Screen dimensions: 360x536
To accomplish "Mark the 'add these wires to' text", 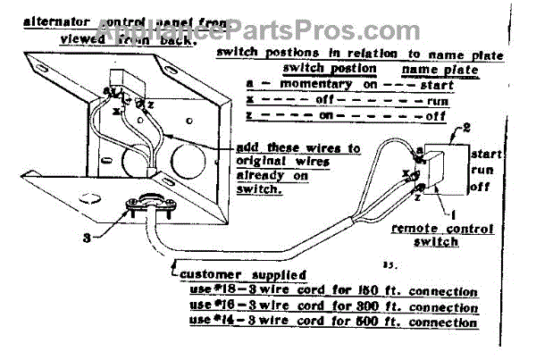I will [287, 147].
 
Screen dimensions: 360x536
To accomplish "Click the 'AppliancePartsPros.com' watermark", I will [268, 18].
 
